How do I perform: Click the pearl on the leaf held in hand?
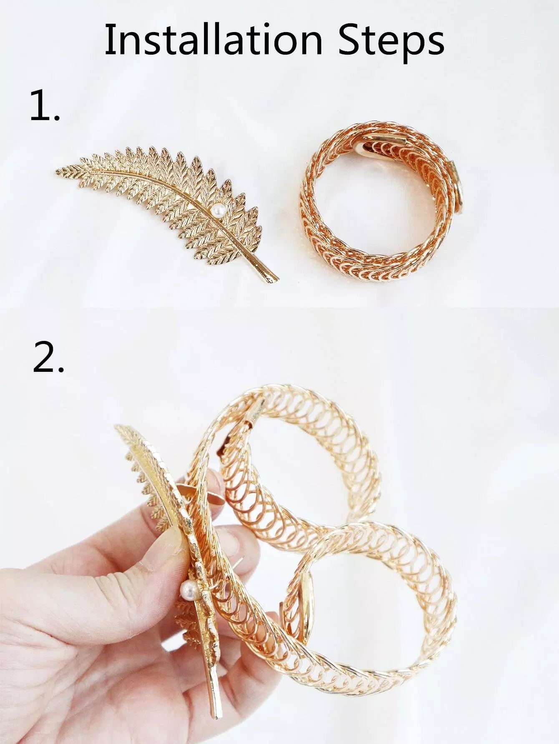(x=187, y=589)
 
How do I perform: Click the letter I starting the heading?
(x=109, y=39)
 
